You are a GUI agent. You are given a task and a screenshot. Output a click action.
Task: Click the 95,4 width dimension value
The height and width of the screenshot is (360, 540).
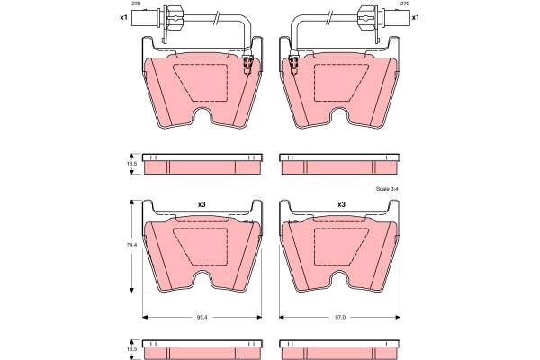(x=202, y=318)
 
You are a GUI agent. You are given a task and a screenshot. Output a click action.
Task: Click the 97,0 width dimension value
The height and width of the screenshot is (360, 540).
(x=340, y=318)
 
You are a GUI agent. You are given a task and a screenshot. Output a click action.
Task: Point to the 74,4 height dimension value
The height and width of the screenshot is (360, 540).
(x=132, y=245)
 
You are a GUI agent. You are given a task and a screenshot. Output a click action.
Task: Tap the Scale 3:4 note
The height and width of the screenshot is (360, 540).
(x=387, y=189)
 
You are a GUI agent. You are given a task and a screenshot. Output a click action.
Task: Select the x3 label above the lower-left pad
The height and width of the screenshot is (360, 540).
(x=202, y=204)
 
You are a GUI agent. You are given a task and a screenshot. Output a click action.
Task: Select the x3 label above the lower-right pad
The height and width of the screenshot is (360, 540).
(x=341, y=204)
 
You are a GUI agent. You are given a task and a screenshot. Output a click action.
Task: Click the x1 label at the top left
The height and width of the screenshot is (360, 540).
(x=123, y=17)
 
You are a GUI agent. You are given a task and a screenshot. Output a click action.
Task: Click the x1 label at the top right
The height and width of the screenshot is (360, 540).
(x=416, y=17)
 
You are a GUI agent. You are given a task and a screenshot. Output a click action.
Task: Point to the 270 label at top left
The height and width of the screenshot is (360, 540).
(x=136, y=4)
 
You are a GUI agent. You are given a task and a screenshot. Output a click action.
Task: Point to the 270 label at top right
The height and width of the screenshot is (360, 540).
(x=405, y=4)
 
